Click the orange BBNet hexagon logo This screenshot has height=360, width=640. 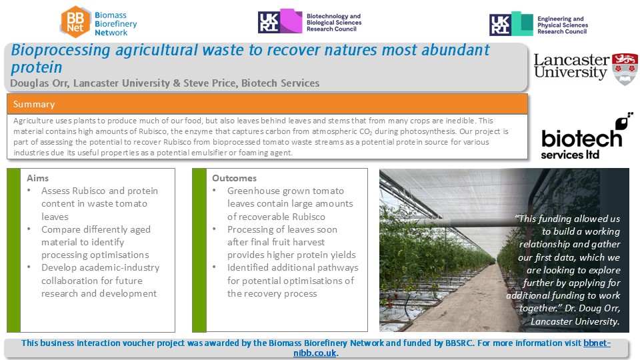click(75, 22)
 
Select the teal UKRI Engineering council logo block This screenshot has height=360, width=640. click(523, 23)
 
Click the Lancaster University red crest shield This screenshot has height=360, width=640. click(625, 69)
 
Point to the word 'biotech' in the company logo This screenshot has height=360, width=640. click(581, 138)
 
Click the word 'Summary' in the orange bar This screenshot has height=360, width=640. click(34, 104)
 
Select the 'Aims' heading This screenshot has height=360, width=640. click(37, 178)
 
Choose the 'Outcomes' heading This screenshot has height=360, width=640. click(234, 178)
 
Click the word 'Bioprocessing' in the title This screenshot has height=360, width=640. click(61, 50)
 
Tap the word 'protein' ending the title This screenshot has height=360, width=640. click(36, 67)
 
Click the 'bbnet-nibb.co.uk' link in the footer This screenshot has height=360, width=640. click(452, 348)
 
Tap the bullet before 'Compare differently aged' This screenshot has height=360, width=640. click(29, 229)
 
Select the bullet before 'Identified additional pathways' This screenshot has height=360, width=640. click(215, 267)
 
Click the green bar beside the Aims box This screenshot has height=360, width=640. click(13, 250)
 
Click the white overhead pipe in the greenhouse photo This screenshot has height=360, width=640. click(465, 223)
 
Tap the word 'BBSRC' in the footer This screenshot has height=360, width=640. click(459, 343)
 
